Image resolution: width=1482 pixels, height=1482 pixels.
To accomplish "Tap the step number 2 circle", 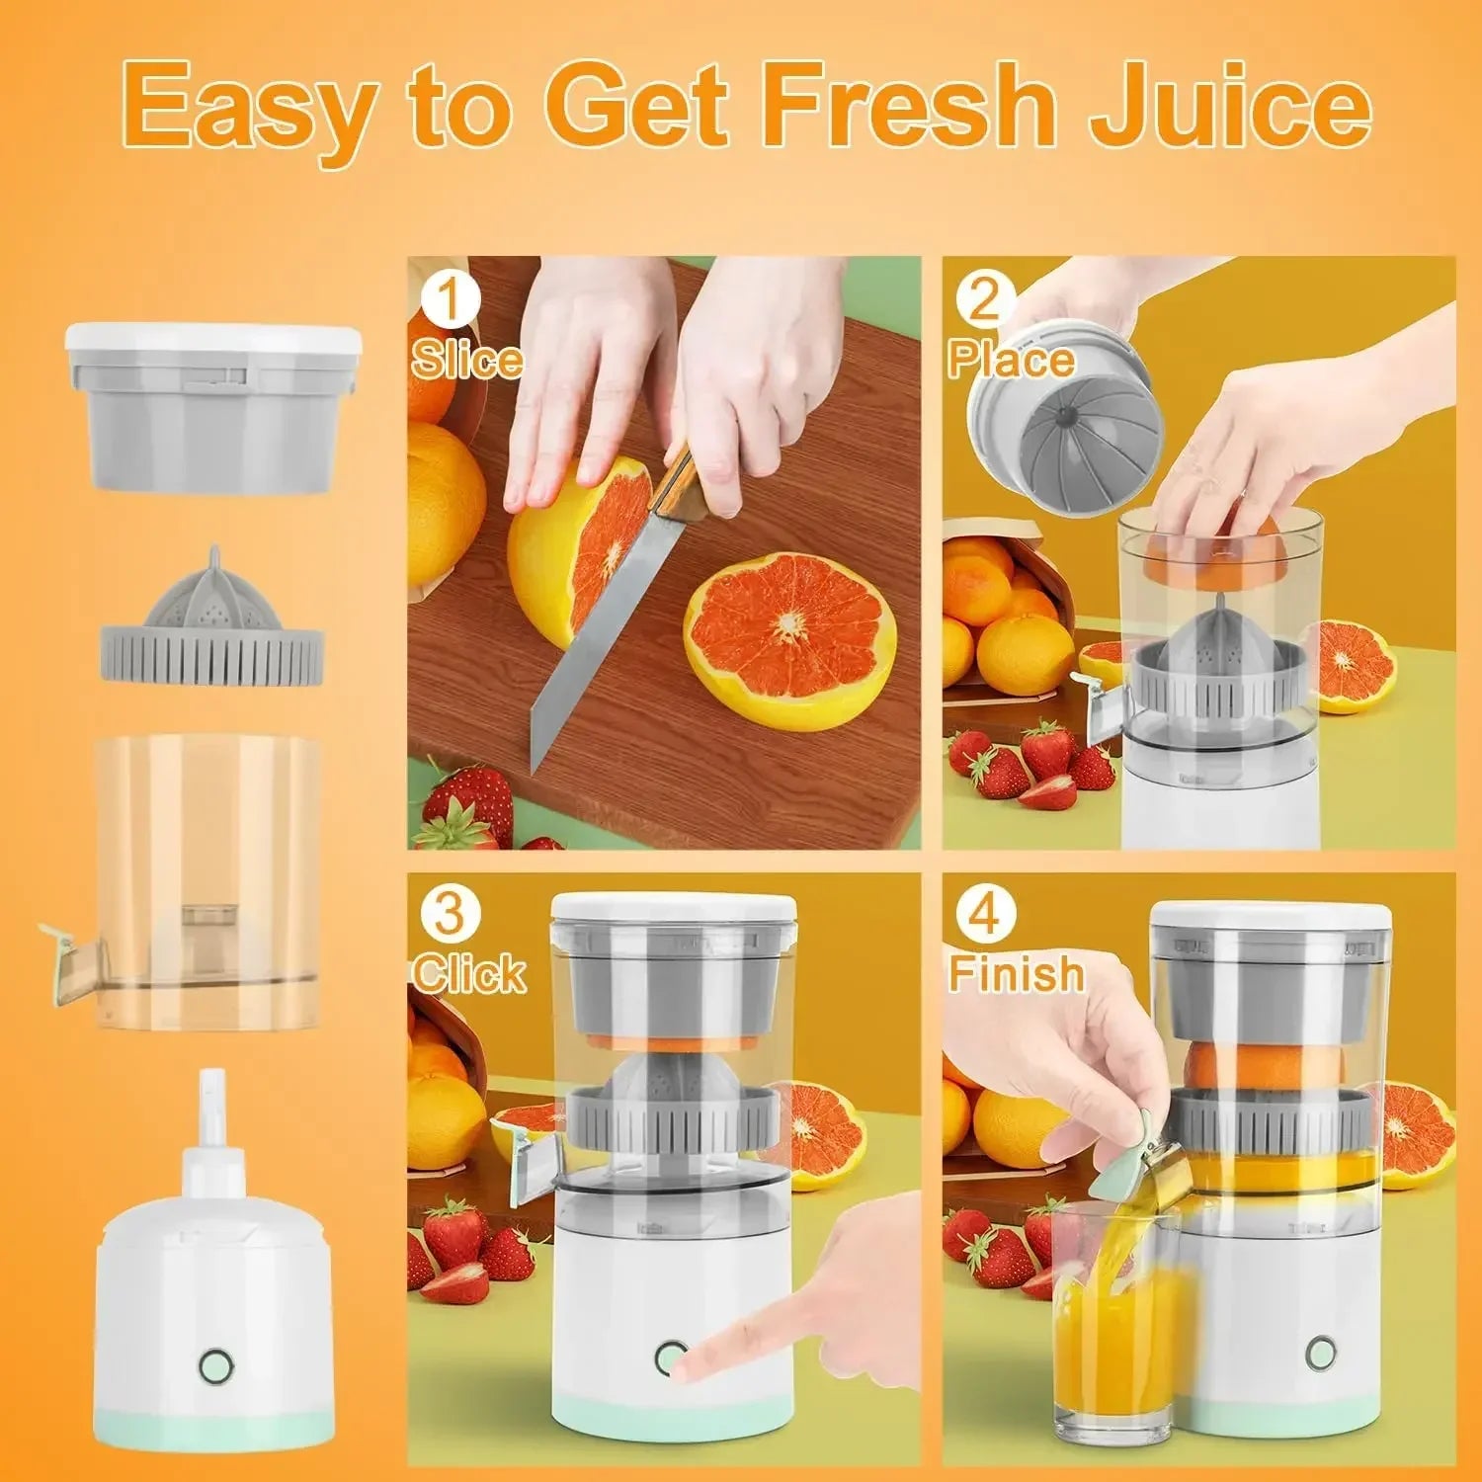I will (982, 298).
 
